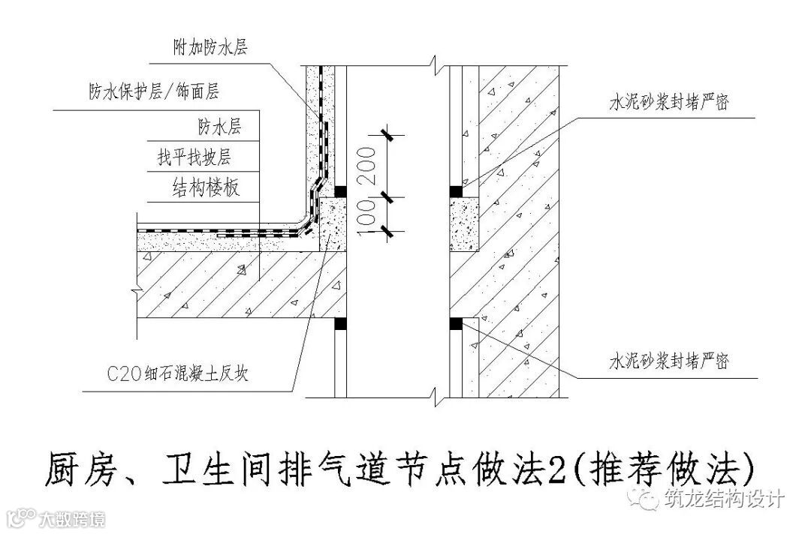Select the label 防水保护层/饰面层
point(153,91)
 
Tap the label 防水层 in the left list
point(219,125)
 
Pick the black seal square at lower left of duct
point(339,323)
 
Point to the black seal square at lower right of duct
point(455,323)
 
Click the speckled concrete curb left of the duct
point(333,225)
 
